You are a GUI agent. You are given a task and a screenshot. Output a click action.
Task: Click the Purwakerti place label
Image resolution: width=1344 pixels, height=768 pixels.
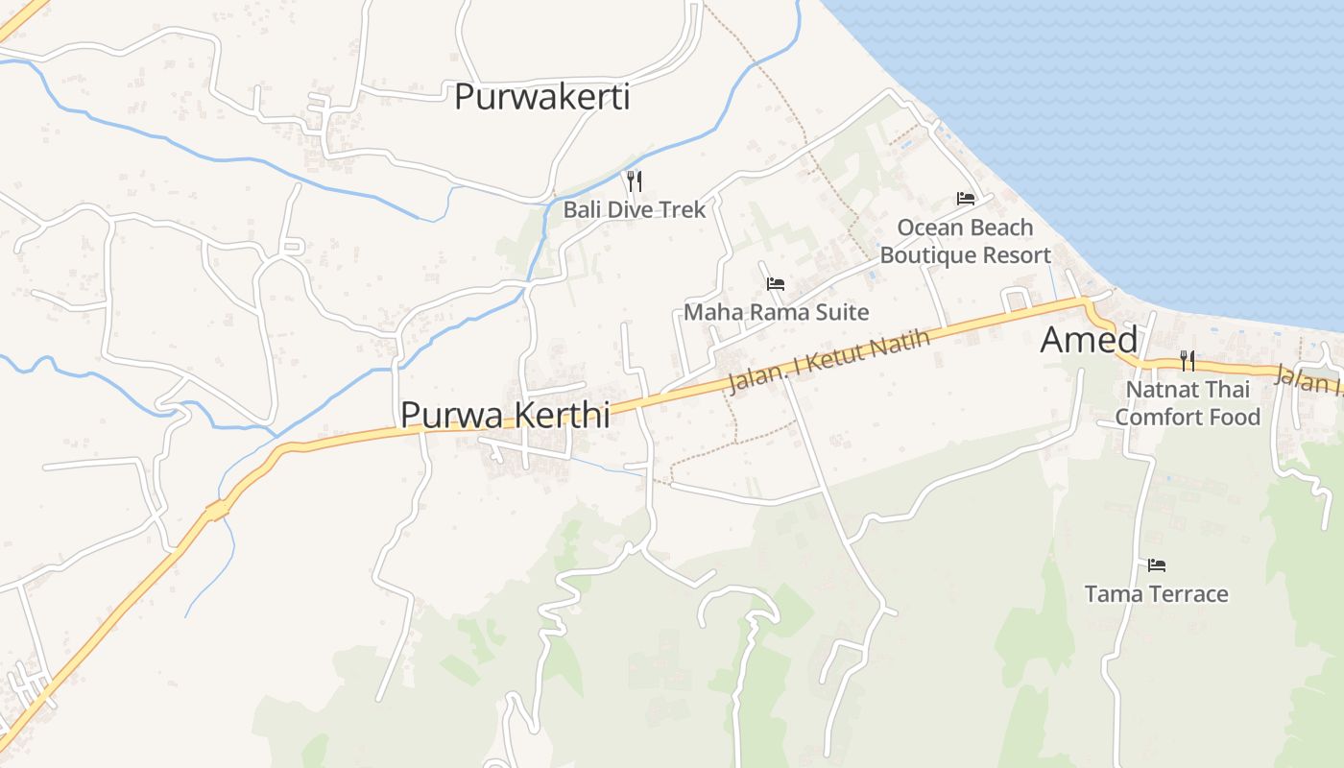click(x=541, y=97)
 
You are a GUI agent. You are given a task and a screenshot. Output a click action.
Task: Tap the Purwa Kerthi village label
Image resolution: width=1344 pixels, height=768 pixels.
click(x=505, y=415)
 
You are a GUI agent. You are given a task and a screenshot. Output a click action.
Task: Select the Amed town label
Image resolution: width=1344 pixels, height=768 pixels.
click(x=1089, y=340)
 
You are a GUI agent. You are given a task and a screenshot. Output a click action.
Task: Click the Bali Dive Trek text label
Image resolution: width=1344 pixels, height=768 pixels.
click(x=634, y=209)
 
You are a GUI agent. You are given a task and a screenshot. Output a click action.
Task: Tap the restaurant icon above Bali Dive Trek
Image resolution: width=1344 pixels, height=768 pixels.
click(x=634, y=180)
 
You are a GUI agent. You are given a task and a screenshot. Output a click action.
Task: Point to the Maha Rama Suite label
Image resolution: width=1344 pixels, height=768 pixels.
click(x=776, y=312)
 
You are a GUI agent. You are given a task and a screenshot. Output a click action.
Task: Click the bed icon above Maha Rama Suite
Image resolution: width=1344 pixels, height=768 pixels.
click(x=776, y=283)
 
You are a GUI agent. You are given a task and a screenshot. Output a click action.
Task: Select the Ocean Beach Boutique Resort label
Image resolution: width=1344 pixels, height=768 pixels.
click(x=966, y=241)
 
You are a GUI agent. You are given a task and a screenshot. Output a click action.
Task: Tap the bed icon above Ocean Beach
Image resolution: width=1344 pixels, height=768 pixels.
click(x=966, y=199)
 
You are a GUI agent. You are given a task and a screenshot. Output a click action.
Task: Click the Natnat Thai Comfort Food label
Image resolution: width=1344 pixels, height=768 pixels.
click(x=1188, y=403)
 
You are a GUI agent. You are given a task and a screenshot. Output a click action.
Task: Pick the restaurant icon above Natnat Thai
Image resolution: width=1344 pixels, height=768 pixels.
click(x=1188, y=361)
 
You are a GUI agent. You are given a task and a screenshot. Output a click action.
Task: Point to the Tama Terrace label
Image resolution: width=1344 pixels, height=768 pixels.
click(x=1156, y=594)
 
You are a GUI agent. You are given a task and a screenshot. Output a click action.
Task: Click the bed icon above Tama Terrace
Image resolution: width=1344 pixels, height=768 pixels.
click(x=1156, y=565)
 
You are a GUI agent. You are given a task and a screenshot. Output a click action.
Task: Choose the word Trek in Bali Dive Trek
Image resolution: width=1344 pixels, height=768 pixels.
click(x=683, y=209)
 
